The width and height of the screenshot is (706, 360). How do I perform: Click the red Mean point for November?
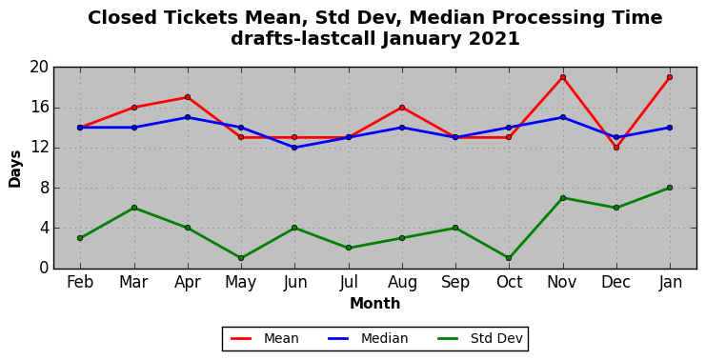pyautogui.click(x=563, y=77)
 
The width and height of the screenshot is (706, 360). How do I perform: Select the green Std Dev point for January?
pyautogui.click(x=670, y=188)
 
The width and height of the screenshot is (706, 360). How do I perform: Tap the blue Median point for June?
pyautogui.click(x=294, y=148)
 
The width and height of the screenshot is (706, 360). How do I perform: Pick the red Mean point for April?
pyautogui.click(x=188, y=97)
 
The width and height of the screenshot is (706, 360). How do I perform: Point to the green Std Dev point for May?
pyautogui.click(x=241, y=258)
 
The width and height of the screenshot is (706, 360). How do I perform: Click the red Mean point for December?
pyautogui.click(x=616, y=148)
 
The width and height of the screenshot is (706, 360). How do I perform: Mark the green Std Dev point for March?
pyautogui.click(x=134, y=208)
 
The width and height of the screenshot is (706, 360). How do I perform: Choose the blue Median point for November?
pyautogui.click(x=563, y=117)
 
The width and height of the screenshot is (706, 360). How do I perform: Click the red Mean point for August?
pyautogui.click(x=402, y=108)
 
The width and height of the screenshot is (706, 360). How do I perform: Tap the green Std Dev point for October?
pyautogui.click(x=509, y=258)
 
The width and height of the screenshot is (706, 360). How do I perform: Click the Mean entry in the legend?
pyautogui.click(x=264, y=338)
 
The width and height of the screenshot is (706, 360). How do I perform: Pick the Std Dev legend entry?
pyautogui.click(x=479, y=338)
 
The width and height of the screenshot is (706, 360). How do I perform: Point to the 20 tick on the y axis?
pyautogui.click(x=39, y=68)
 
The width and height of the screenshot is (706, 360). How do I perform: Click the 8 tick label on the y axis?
pyautogui.click(x=44, y=188)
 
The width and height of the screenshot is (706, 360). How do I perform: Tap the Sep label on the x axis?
pyautogui.click(x=455, y=283)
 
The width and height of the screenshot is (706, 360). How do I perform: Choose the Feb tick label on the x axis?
pyautogui.click(x=80, y=282)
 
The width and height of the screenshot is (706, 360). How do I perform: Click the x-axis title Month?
pyautogui.click(x=375, y=303)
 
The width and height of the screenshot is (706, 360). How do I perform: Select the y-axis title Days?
pyautogui.click(x=15, y=170)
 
